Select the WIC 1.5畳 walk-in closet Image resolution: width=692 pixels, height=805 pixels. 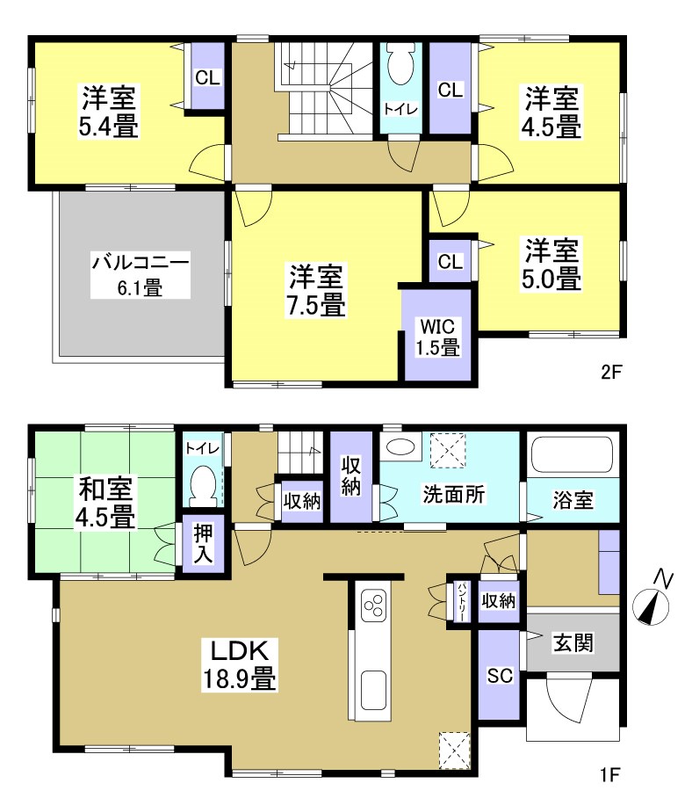[x=437, y=336]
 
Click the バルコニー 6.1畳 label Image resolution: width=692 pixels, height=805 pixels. [x=140, y=274]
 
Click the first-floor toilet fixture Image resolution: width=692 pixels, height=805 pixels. [x=203, y=484]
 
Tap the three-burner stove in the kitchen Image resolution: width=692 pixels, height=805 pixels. [x=372, y=607]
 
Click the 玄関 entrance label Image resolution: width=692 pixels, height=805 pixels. [x=573, y=642]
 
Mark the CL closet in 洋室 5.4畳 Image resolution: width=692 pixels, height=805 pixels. [x=207, y=77]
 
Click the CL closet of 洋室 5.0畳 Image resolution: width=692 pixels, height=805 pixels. [x=450, y=261]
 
